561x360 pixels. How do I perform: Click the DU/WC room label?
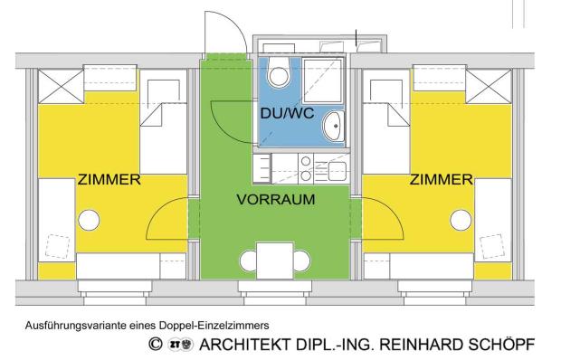(281, 114)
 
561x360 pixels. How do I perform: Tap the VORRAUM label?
(275, 200)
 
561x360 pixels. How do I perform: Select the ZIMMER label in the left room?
(82, 179)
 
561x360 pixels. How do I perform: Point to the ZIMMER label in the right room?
(442, 179)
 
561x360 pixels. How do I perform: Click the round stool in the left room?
(88, 220)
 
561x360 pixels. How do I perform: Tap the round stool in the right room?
(461, 220)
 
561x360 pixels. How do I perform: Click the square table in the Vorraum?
(275, 261)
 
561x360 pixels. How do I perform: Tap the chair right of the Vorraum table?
(300, 261)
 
